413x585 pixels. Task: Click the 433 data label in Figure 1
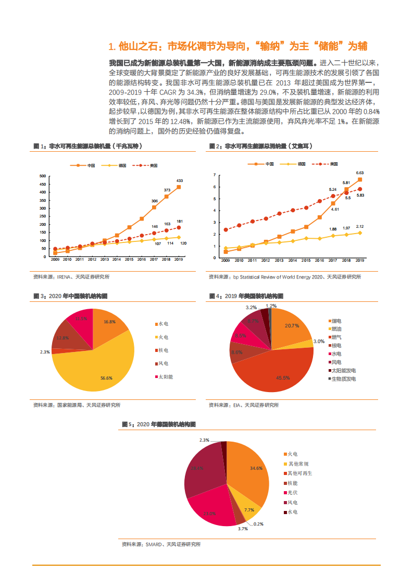(x=179, y=180)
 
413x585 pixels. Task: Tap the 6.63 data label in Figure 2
(x=359, y=173)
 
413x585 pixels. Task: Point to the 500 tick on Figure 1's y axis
(x=42, y=177)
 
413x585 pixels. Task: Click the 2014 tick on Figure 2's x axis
(x=293, y=260)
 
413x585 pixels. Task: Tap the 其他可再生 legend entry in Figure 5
(x=299, y=473)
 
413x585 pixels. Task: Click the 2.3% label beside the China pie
(x=45, y=352)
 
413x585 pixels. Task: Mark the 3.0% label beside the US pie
(x=319, y=342)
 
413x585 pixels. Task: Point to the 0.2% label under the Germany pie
(x=258, y=524)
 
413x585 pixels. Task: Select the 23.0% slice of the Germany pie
(x=208, y=508)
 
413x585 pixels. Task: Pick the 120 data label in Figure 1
(x=183, y=243)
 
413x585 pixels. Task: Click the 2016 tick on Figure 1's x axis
(x=141, y=260)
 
